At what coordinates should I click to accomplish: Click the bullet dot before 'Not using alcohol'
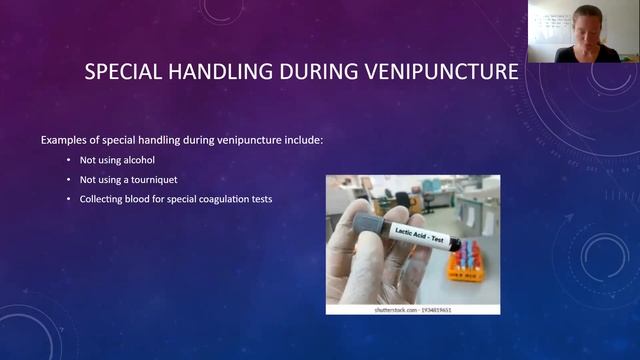coord(68,160)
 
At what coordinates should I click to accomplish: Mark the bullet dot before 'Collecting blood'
coord(68,199)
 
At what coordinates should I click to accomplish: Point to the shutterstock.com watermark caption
coord(413,309)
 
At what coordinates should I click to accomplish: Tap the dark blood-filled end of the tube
coord(455,244)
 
